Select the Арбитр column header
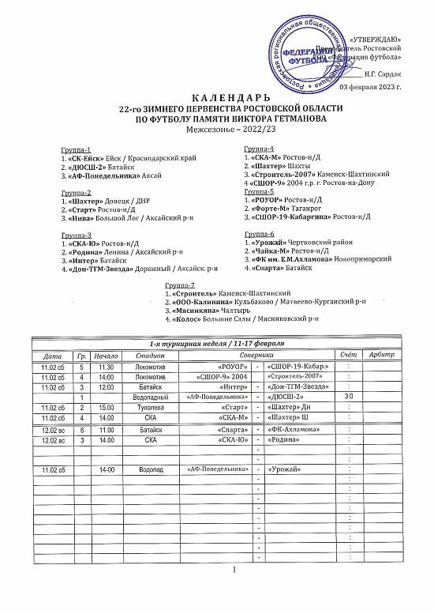[381, 356]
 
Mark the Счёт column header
[348, 356]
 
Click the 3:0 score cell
[348, 396]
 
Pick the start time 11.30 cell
[107, 367]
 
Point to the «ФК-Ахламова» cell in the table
[294, 429]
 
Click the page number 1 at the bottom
[234, 570]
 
